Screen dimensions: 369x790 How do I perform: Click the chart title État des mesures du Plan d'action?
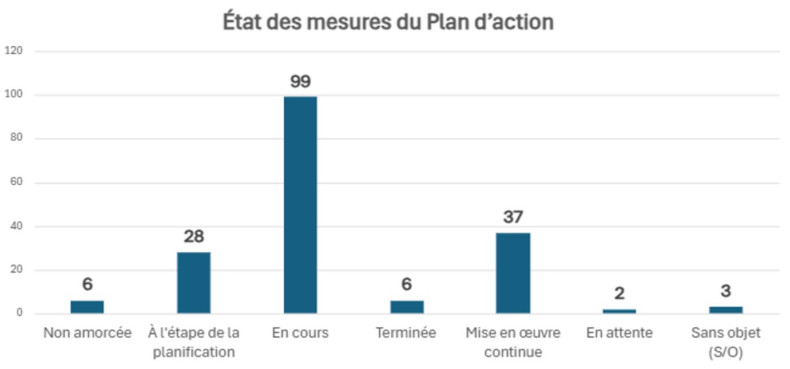coord(388,22)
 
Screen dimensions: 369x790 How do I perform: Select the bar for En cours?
coord(300,205)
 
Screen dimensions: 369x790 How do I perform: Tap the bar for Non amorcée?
coord(87,307)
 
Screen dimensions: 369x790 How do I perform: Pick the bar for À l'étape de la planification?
coord(193,283)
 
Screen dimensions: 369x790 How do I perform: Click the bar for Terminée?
coord(407,307)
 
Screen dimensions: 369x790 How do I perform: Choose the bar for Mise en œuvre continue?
coord(513,273)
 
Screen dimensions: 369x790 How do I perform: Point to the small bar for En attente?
coord(619,311)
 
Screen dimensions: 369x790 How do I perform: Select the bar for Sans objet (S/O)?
coord(725,310)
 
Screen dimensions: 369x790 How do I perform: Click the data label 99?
coord(300,81)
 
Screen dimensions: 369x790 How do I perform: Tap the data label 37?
coord(513,217)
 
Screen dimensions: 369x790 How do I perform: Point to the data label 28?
coord(193,236)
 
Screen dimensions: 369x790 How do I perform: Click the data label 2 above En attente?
coord(619,293)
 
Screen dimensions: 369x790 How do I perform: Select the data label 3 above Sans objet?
coord(725,291)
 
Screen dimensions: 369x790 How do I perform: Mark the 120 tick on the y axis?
coord(13,51)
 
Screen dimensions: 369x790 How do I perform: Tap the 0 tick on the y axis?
coord(19,313)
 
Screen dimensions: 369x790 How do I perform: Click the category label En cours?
coord(300,333)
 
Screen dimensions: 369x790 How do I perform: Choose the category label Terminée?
coord(406,333)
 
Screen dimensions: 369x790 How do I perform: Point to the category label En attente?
coord(619,333)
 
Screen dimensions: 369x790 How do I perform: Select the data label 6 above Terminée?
coord(407,284)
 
